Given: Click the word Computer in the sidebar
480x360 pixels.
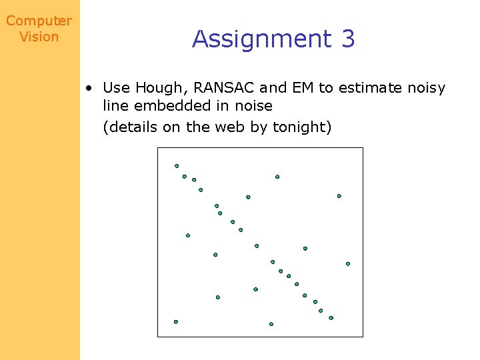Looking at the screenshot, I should pyautogui.click(x=39, y=21).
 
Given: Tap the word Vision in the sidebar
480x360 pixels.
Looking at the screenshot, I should pyautogui.click(x=39, y=37).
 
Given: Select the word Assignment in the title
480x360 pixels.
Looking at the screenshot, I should pyautogui.click(x=261, y=39).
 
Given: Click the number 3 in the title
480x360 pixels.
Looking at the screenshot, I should pyautogui.click(x=348, y=39).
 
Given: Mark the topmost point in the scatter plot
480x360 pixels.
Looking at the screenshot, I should pyautogui.click(x=177, y=166).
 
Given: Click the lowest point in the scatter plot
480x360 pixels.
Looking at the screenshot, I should pyautogui.click(x=271, y=324).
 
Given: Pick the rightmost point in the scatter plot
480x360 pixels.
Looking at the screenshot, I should pyautogui.click(x=348, y=264).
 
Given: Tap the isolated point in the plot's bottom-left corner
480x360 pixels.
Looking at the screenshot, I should pyautogui.click(x=176, y=321).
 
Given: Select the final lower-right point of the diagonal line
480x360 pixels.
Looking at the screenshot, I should pyautogui.click(x=331, y=318).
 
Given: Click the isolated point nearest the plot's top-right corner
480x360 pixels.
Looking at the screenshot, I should pyautogui.click(x=339, y=196).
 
